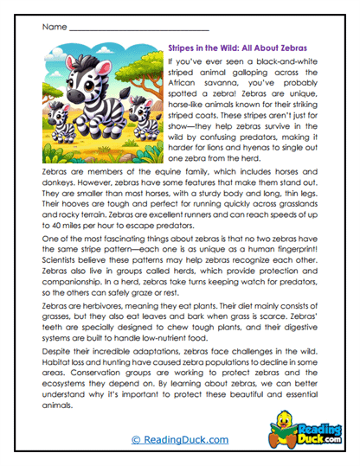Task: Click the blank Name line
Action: pos(136,28)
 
